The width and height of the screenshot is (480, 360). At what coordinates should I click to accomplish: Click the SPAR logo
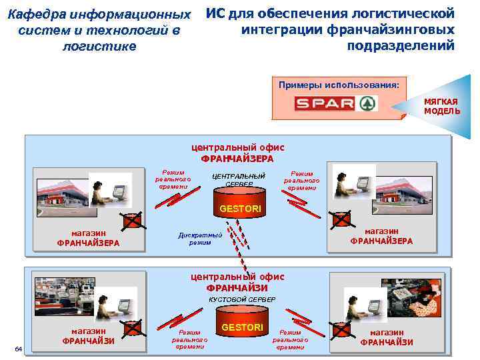point(337,104)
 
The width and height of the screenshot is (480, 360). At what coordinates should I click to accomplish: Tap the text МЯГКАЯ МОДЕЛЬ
point(441,106)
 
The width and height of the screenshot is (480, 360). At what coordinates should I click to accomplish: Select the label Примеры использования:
point(339,85)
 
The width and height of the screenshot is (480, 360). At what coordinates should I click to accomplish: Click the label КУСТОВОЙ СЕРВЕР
point(237,301)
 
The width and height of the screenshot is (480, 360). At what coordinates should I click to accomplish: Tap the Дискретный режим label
point(200,238)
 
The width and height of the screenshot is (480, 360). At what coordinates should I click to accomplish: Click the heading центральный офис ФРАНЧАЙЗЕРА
point(237,153)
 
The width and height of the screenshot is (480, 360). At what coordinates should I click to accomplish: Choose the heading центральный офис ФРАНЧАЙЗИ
point(237,283)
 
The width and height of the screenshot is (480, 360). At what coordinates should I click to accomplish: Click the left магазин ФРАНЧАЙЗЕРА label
point(89,238)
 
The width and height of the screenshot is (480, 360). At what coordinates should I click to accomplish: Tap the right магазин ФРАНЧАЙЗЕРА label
point(381,236)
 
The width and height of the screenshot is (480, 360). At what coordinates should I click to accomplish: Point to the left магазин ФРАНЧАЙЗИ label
point(89,336)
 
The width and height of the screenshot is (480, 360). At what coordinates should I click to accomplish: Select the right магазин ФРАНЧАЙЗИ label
point(387,337)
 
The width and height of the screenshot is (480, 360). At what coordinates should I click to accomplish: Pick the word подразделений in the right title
point(401,45)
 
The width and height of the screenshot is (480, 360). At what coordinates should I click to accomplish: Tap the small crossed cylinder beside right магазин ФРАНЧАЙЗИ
point(342,329)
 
